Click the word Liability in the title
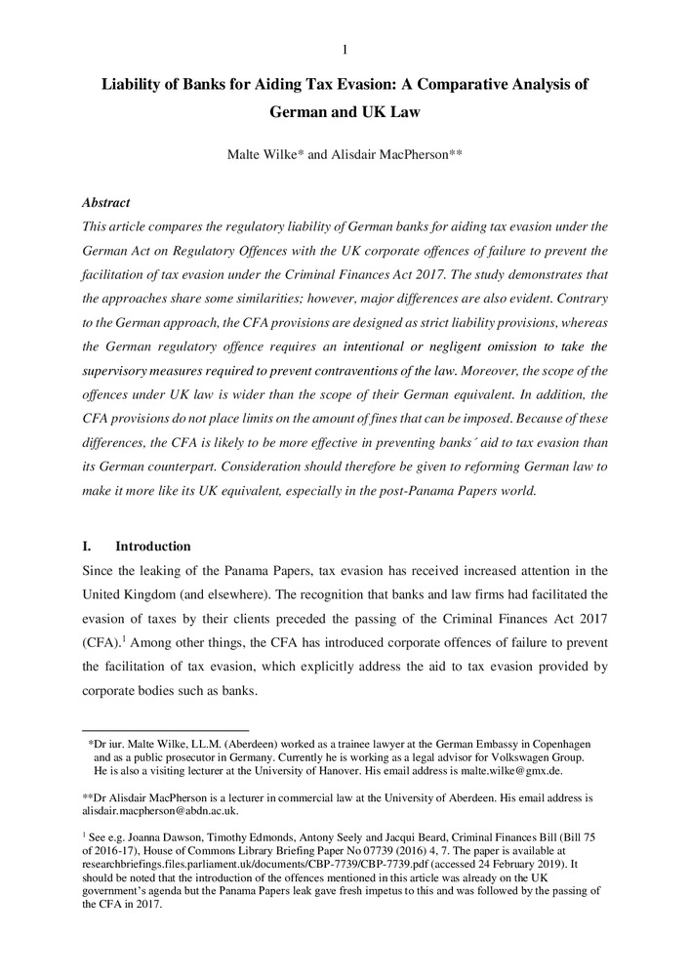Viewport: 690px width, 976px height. [137, 84]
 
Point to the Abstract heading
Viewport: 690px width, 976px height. [105, 203]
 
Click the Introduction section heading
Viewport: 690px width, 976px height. [153, 546]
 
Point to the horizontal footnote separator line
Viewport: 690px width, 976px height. [166, 729]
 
